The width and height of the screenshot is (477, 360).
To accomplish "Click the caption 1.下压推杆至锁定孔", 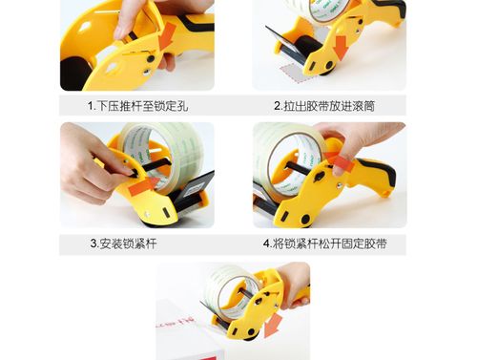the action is [x=137, y=106].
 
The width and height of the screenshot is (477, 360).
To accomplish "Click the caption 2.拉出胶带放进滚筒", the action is [x=324, y=106].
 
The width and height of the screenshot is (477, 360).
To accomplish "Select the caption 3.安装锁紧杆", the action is [x=123, y=244].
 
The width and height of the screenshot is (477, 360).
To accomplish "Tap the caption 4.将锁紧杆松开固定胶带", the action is [x=325, y=244].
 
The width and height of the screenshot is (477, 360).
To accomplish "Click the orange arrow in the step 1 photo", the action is [x=168, y=35].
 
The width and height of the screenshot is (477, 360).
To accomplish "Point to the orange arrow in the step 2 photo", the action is [x=341, y=47].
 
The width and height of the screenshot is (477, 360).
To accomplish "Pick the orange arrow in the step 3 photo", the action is [x=144, y=186].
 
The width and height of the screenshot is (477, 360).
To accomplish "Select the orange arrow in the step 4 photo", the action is [x=340, y=162].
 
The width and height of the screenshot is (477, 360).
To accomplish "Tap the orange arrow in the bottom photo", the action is [x=273, y=326].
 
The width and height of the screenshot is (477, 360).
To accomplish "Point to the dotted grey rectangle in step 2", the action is [x=292, y=73].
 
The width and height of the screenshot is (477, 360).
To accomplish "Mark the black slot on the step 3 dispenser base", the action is [x=165, y=213].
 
